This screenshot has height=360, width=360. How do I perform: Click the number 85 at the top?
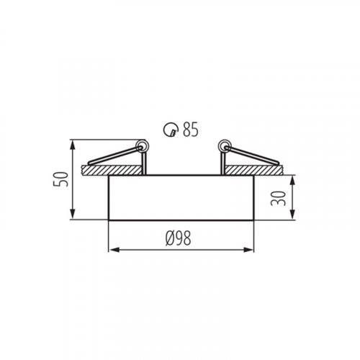coord(191,130)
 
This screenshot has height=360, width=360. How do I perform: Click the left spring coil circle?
coord(141,147)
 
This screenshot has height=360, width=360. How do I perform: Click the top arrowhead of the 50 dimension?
coord(73,145)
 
